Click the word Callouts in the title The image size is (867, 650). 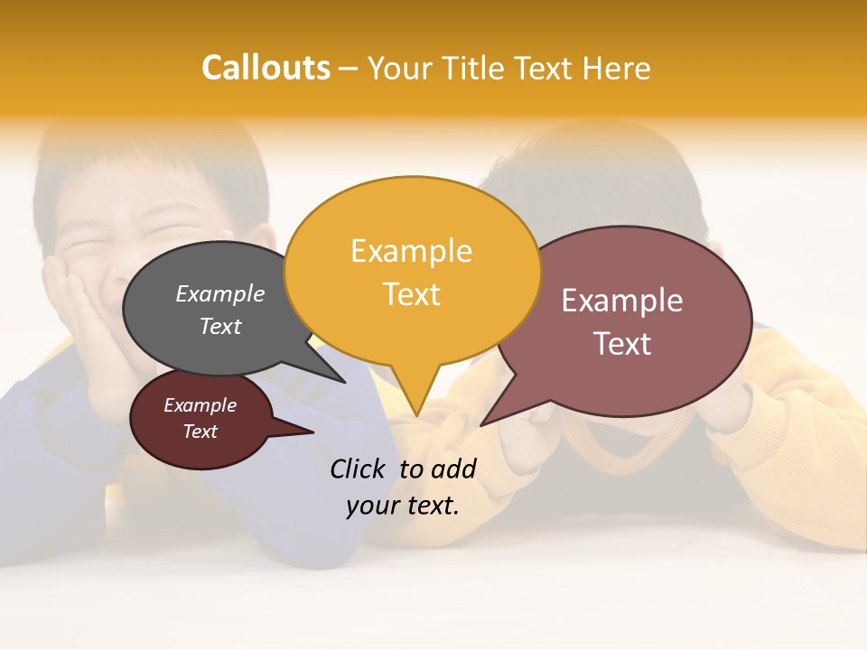tap(266, 68)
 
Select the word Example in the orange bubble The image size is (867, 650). tap(412, 251)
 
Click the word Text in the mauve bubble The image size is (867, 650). tap(622, 344)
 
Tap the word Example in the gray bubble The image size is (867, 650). tap(220, 293)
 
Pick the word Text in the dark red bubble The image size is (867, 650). tap(200, 432)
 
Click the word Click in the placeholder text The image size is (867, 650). tap(358, 469)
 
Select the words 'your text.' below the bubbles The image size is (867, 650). tap(403, 506)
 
